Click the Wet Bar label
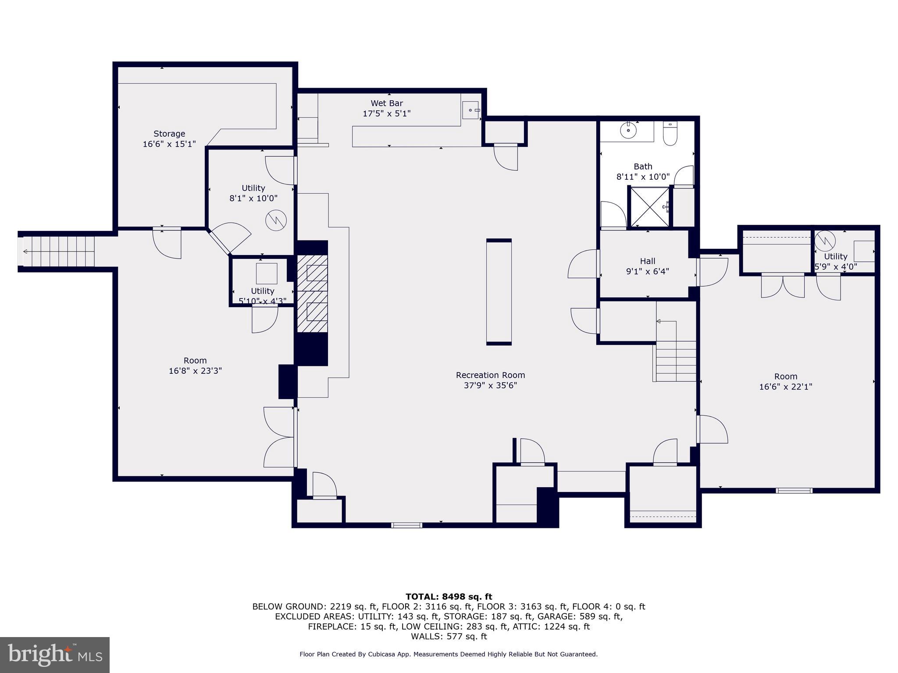tap(386, 103)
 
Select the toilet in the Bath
tap(670, 134)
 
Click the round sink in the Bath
tap(629, 130)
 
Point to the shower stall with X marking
tap(649, 207)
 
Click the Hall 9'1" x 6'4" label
tap(647, 266)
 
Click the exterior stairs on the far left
tap(57, 251)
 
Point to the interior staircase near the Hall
tap(676, 361)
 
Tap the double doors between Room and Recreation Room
tap(279, 437)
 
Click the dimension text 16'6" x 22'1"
tap(785, 387)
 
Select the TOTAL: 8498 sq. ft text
tap(449, 596)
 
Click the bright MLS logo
tap(55, 655)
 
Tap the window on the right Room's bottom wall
tap(794, 490)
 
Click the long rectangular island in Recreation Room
tap(499, 292)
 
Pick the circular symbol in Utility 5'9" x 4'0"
tap(825, 241)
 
